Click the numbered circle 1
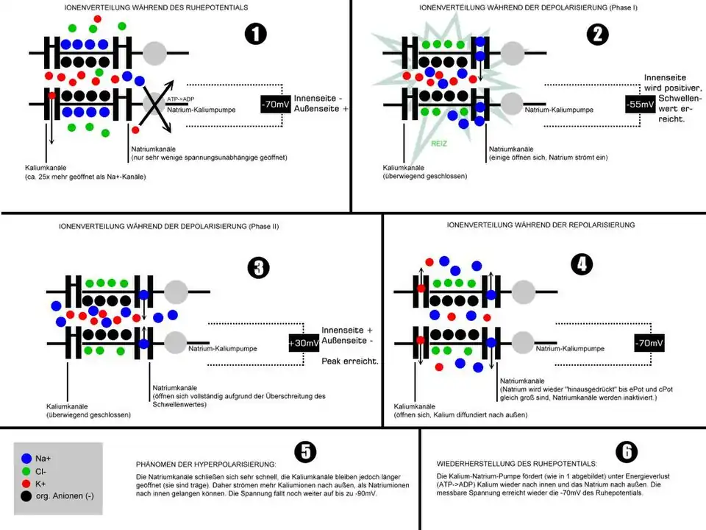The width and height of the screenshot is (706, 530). coord(255,34)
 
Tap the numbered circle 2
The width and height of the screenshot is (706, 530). coord(597,33)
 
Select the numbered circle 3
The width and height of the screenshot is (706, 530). coord(257,269)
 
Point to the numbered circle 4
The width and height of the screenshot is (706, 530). coord(582,264)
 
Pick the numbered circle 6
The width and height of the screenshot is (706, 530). coord(628,451)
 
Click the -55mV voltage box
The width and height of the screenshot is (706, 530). coord(640,105)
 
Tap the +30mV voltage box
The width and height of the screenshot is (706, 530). coord(303,343)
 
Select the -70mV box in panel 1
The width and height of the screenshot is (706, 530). coord(274,105)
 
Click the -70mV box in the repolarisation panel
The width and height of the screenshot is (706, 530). coord(650,342)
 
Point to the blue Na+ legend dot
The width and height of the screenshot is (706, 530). coord(27,457)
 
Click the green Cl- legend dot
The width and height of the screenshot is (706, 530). coord(27,470)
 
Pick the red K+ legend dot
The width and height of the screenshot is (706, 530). coord(27,484)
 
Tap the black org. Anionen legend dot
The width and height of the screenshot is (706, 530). coord(27,497)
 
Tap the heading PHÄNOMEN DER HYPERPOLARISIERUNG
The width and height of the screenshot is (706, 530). coord(206,464)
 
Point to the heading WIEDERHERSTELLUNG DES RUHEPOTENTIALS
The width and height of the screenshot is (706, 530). coord(516,464)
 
